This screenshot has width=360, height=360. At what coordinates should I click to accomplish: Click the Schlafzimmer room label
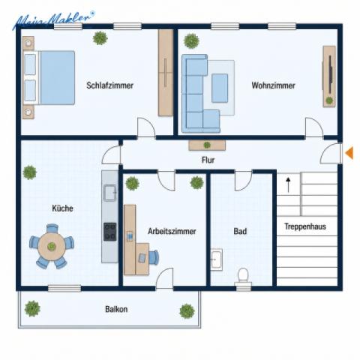point(109,85)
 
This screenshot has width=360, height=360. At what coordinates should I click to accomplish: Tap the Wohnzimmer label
point(273,85)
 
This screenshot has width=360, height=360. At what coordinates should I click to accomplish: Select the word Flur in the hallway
point(208,160)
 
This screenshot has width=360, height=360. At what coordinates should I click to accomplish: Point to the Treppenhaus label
point(305,226)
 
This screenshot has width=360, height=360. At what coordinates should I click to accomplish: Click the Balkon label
point(116,309)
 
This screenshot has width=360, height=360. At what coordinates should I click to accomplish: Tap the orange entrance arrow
point(349,153)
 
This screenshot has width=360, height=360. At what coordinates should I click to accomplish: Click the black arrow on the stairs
point(288,185)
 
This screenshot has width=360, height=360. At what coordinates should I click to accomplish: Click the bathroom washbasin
point(216,259)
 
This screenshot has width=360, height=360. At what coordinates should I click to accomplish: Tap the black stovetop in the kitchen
point(110,232)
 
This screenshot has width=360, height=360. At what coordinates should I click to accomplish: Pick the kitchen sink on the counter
point(109,193)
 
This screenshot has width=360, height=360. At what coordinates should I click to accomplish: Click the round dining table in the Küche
point(52,247)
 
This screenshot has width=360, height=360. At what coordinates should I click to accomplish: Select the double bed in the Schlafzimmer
point(49,77)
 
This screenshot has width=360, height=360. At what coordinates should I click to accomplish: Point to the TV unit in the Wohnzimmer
point(329,76)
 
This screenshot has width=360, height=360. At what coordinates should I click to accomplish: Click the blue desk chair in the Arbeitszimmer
point(154,257)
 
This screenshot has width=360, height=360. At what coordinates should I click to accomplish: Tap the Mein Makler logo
point(53,19)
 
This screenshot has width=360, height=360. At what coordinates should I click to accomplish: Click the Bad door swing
point(243,181)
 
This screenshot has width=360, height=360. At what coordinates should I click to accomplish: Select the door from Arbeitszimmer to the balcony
point(164,278)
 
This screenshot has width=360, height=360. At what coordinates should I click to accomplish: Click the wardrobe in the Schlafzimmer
point(166,73)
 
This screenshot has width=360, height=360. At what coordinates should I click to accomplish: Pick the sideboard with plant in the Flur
point(207,145)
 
